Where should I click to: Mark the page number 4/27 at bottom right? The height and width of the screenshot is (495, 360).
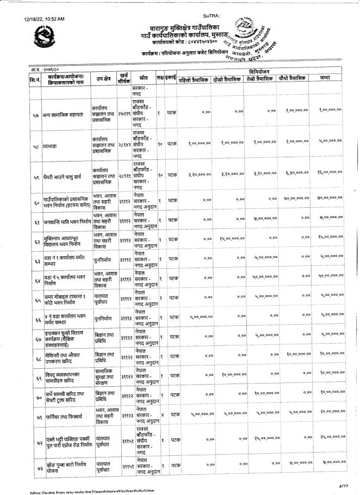point(342,485)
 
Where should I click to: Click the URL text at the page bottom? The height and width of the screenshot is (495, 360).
point(82,492)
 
